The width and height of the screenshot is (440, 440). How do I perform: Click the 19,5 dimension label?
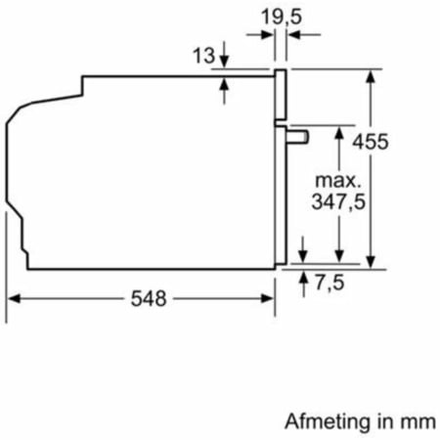(x=282, y=17)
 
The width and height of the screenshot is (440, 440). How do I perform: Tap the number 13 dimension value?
(x=204, y=56)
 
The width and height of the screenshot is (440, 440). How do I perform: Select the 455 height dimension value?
(x=371, y=142)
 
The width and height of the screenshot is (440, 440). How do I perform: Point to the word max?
(x=338, y=180)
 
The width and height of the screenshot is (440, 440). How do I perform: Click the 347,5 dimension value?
(x=338, y=202)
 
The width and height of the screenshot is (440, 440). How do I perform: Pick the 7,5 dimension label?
(x=330, y=283)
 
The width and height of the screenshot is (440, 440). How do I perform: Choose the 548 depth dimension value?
(x=149, y=298)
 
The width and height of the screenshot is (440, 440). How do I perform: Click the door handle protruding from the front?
(x=297, y=137)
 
